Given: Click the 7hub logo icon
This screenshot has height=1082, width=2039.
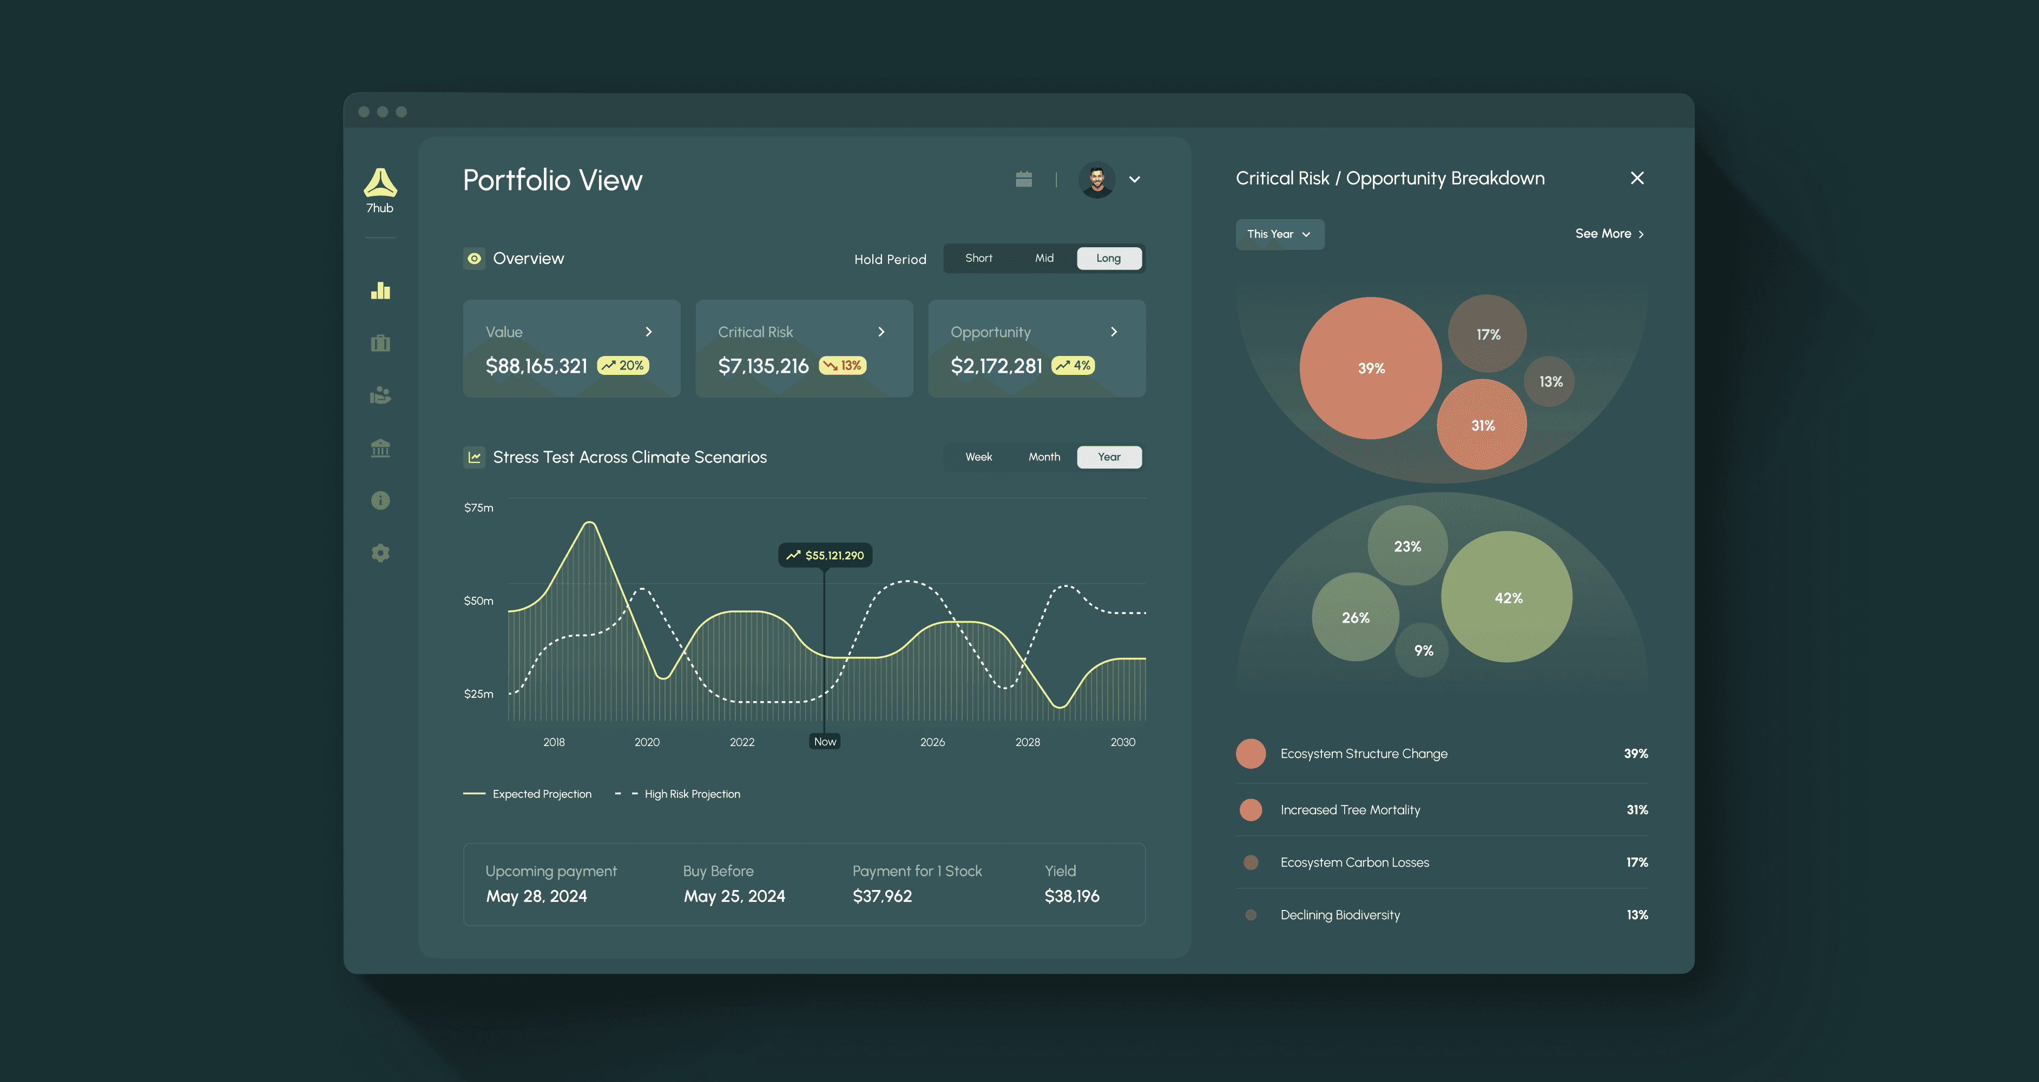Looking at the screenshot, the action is pyautogui.click(x=380, y=182).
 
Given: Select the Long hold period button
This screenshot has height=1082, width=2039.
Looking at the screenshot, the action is pyautogui.click(x=1109, y=258).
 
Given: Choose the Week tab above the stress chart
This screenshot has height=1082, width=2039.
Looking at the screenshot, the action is pyautogui.click(x=978, y=457).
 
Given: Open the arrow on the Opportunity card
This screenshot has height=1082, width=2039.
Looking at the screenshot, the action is pyautogui.click(x=1114, y=332).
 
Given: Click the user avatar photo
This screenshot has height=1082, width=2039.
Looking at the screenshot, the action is pyautogui.click(x=1097, y=180).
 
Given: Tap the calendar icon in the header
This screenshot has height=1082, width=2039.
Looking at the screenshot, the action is pyautogui.click(x=1023, y=180).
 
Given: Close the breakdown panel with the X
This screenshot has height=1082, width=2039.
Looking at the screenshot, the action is pyautogui.click(x=1637, y=178).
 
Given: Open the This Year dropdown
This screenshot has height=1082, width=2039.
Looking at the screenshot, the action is pyautogui.click(x=1280, y=234).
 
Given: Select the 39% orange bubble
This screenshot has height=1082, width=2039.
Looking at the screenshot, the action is pyautogui.click(x=1371, y=368).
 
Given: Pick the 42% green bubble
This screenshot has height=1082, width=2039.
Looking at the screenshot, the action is pyautogui.click(x=1507, y=597).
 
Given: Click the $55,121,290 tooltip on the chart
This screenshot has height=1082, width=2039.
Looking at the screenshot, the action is pyautogui.click(x=826, y=556).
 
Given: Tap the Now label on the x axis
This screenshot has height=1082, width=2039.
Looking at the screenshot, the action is pyautogui.click(x=825, y=742).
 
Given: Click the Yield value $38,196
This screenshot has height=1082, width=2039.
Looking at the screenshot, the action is pyautogui.click(x=1072, y=896).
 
